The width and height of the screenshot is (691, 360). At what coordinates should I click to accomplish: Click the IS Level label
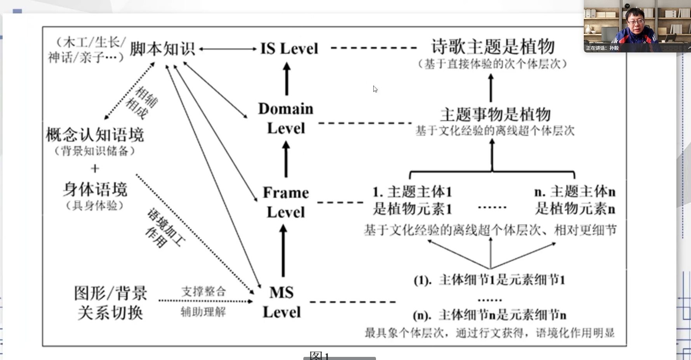(x=289, y=49)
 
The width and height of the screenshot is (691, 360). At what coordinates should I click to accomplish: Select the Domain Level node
(x=286, y=118)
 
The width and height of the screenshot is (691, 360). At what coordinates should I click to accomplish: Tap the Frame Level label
(x=286, y=202)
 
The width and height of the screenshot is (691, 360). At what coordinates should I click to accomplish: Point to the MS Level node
(x=282, y=302)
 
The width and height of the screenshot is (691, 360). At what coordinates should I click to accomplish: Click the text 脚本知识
(x=162, y=49)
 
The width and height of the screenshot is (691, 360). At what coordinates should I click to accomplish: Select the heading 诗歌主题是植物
(x=493, y=47)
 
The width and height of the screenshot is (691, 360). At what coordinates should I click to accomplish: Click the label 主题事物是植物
(x=495, y=115)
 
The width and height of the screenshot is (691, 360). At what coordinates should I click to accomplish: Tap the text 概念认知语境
(x=95, y=135)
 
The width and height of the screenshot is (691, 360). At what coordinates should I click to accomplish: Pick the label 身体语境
(x=95, y=190)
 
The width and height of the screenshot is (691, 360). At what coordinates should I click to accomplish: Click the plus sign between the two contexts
(x=95, y=169)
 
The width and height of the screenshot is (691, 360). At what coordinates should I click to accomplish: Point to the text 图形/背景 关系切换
(x=111, y=303)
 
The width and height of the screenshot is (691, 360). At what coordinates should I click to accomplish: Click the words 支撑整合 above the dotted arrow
(x=204, y=291)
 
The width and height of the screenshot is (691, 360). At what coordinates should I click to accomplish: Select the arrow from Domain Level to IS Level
(x=287, y=79)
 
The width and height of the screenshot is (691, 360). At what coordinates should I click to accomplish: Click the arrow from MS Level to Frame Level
(x=283, y=251)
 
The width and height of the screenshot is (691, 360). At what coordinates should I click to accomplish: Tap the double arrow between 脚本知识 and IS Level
(x=228, y=49)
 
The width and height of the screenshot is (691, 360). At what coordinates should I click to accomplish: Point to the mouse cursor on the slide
(x=375, y=89)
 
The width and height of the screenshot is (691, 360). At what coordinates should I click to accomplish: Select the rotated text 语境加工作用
(x=165, y=228)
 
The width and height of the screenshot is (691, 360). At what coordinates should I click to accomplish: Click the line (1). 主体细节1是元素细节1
(x=489, y=280)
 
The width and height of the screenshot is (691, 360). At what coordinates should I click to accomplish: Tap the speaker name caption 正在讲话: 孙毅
(x=602, y=48)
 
